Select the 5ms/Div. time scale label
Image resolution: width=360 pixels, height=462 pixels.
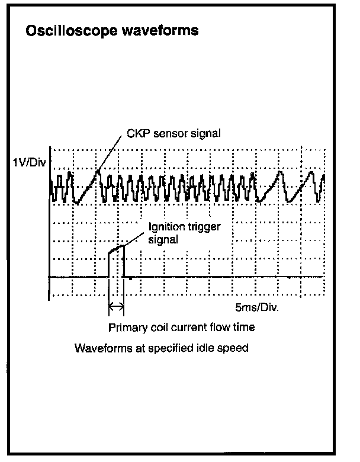256,309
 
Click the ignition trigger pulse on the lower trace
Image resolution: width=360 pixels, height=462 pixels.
116,251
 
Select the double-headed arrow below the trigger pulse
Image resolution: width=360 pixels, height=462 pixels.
116,306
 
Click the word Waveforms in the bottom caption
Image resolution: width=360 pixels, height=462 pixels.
98,348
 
